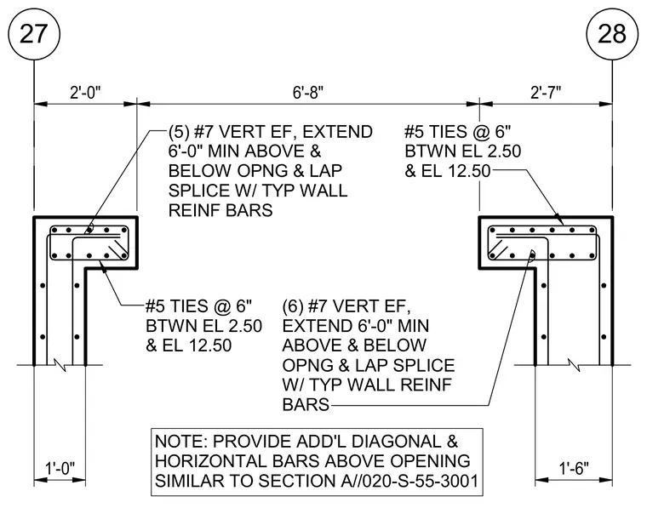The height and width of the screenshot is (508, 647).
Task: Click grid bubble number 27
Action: point(34,33)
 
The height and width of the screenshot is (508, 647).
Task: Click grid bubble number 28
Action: point(612,33)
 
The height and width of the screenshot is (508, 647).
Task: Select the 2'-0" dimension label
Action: point(85,93)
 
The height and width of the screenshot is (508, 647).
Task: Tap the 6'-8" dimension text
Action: point(308,93)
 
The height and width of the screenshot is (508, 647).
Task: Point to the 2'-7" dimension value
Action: point(546,93)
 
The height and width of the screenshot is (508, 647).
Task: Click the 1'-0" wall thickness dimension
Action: point(60,468)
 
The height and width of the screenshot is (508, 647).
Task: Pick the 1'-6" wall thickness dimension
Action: point(574,468)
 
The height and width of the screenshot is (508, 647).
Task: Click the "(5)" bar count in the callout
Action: point(179,132)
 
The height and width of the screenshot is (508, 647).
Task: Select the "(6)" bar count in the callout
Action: point(293,306)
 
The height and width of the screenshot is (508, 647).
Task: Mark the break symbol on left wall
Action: point(60,364)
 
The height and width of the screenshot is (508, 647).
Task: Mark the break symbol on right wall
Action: point(574,364)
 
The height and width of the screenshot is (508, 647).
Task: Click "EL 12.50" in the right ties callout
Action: point(455,171)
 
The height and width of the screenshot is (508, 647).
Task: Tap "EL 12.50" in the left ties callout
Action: point(197,345)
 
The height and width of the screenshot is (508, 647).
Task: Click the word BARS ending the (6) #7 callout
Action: point(306,405)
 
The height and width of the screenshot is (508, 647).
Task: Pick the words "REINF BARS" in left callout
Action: point(220,210)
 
